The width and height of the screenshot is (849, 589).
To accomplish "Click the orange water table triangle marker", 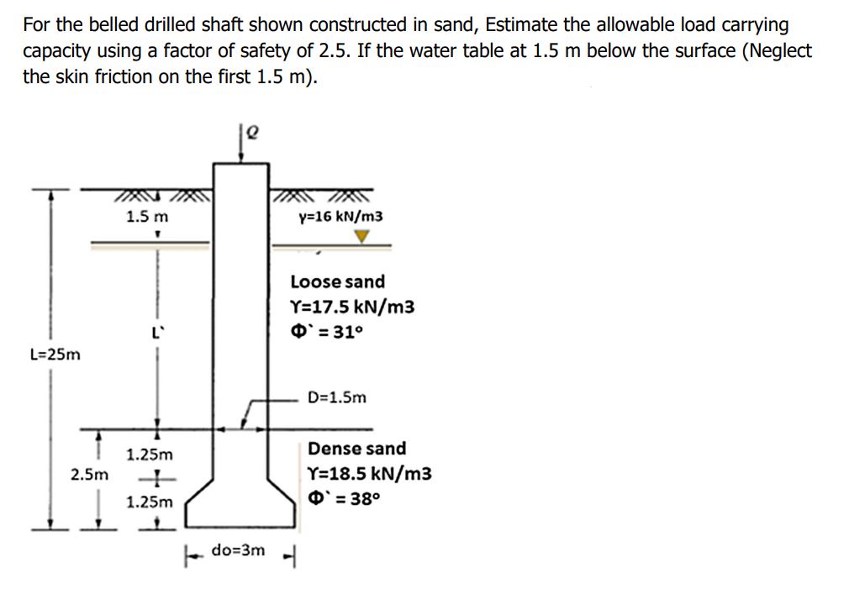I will (x=361, y=238).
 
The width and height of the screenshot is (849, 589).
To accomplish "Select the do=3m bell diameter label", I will (x=239, y=550).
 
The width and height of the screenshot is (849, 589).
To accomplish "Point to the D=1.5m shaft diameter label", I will (x=337, y=397).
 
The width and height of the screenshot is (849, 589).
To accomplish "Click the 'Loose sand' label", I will (x=338, y=281).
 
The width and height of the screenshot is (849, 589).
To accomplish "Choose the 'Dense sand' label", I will (x=356, y=449).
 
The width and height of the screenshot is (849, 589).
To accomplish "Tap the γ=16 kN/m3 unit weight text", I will (x=340, y=217).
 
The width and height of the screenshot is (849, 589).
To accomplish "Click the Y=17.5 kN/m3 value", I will (x=353, y=307).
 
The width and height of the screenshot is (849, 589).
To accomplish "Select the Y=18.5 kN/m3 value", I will (x=370, y=474).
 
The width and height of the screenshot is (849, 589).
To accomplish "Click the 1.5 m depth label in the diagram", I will (x=147, y=217).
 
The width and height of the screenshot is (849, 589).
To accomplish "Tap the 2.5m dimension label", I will (x=89, y=475).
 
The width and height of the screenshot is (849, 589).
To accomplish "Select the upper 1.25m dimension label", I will (x=149, y=455).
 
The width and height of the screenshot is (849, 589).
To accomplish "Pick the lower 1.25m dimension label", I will (x=149, y=502).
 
